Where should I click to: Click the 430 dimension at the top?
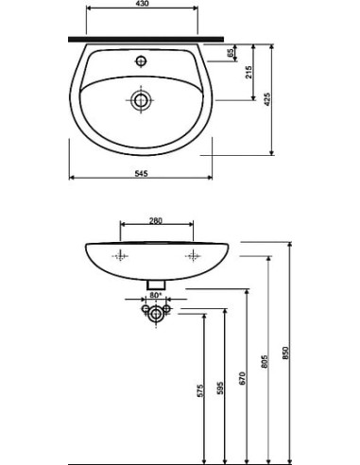(142, 5)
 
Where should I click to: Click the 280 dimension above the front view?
(157, 221)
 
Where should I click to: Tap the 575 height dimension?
(200, 389)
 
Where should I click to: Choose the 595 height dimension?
(223, 387)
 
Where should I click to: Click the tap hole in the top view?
(142, 61)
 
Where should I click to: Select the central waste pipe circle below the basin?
(157, 313)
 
